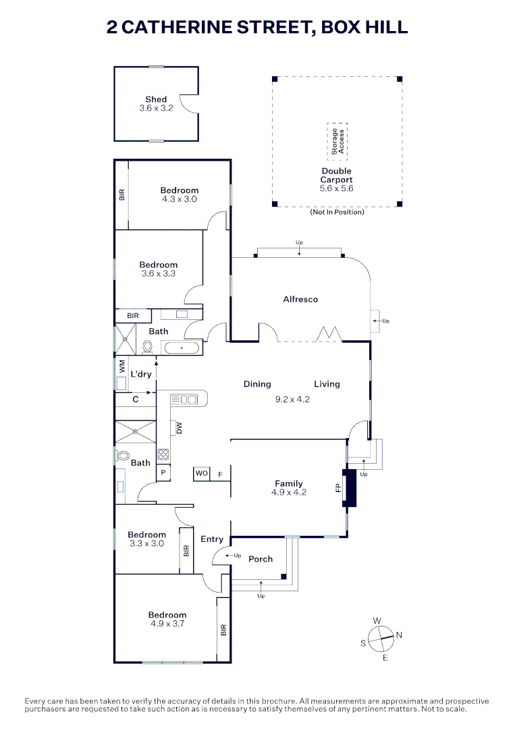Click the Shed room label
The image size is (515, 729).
tap(156, 99)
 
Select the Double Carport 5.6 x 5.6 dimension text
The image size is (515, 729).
tap(336, 189)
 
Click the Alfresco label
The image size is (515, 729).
tap(300, 299)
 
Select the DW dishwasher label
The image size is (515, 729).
tap(178, 428)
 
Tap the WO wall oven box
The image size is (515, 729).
tap(201, 474)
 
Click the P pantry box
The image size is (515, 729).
tap(163, 474)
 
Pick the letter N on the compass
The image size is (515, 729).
tap(399, 635)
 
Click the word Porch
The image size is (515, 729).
tap(261, 559)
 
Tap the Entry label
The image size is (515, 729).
tap(212, 539)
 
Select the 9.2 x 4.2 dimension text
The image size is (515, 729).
tap(293, 399)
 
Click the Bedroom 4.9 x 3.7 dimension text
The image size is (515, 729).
tap(167, 624)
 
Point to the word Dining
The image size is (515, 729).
tap(257, 384)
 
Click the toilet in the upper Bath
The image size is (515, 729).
tap(147, 346)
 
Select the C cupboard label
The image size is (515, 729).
tap(136, 400)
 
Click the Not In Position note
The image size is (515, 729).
tap(337, 212)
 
